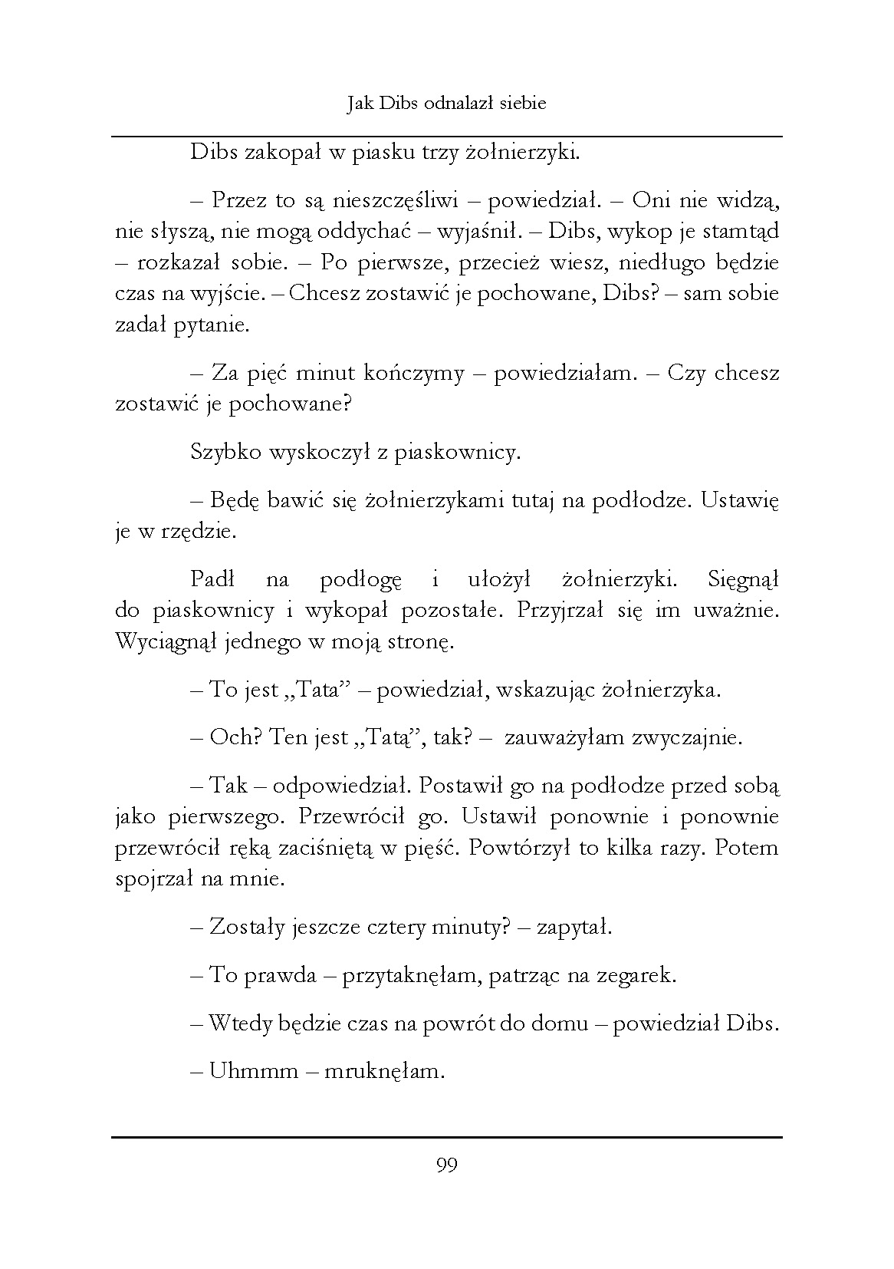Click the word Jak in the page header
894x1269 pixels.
pyautogui.click(x=360, y=104)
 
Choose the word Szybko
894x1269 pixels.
pyautogui.click(x=225, y=453)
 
